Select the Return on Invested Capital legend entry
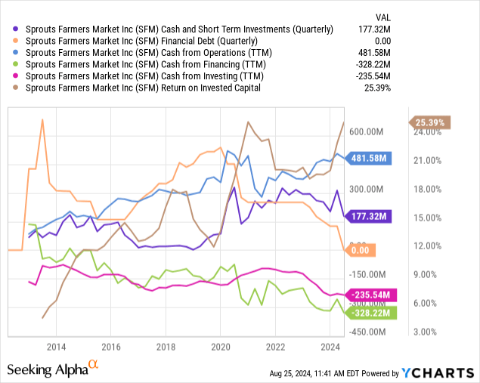(x=143, y=88)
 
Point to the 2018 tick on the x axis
(x=165, y=347)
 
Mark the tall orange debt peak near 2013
(x=42, y=119)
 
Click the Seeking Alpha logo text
(x=47, y=369)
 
